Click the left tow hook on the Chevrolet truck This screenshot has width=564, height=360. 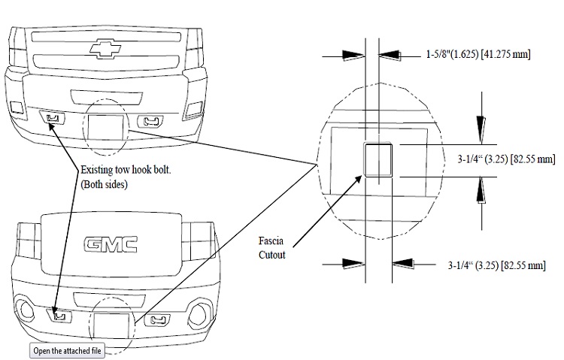coord(52,118)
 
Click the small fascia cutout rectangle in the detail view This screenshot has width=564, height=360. coord(378,159)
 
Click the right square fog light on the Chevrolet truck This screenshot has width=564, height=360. coord(193,107)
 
